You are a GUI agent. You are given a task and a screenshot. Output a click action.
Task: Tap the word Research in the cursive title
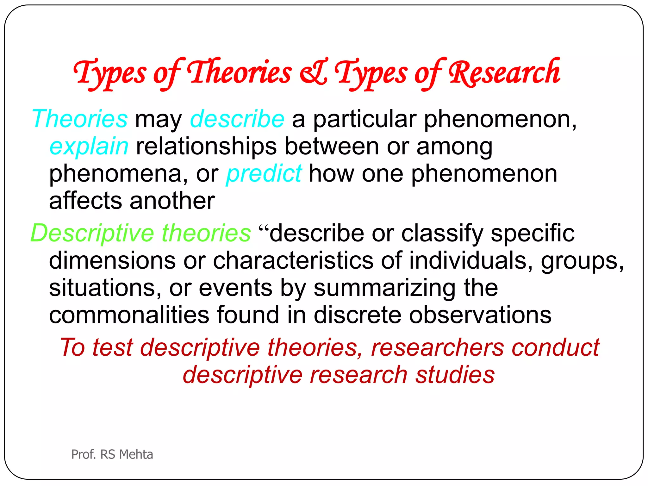pos(504,73)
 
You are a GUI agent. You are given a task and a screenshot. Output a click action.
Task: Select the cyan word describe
pos(237,119)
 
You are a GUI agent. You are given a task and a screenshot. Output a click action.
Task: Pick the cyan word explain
pos(89,147)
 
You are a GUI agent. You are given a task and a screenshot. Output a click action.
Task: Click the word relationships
pos(206,147)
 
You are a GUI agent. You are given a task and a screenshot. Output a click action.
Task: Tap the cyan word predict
pos(264,174)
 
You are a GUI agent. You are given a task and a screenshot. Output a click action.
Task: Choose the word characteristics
pos(293,260)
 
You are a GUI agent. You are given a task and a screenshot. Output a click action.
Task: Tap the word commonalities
pos(129,315)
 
